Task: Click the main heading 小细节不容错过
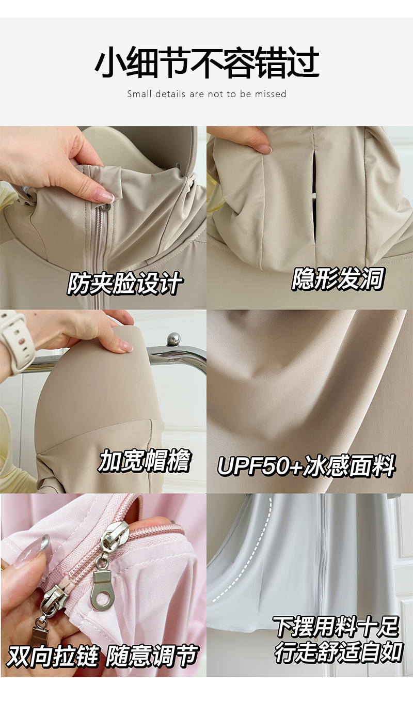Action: click(x=206, y=63)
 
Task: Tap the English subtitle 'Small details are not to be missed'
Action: click(x=206, y=94)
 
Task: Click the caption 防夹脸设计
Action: click(x=124, y=283)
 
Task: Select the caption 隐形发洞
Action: click(x=338, y=278)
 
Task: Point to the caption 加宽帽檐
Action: click(x=145, y=460)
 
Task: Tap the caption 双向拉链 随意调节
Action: click(x=102, y=655)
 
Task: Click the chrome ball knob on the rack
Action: click(x=173, y=339)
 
